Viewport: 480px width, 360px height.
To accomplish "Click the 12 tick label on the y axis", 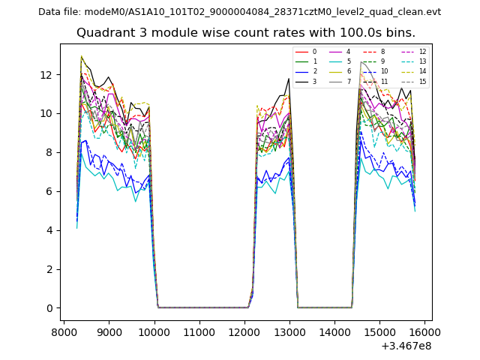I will point(46,75).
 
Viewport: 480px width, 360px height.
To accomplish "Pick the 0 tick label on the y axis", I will point(49,308).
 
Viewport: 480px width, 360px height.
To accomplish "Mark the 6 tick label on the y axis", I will point(49,191).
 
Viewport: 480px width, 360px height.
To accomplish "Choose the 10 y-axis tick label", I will point(46,114).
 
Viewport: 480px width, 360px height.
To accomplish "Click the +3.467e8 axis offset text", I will point(406,346).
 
